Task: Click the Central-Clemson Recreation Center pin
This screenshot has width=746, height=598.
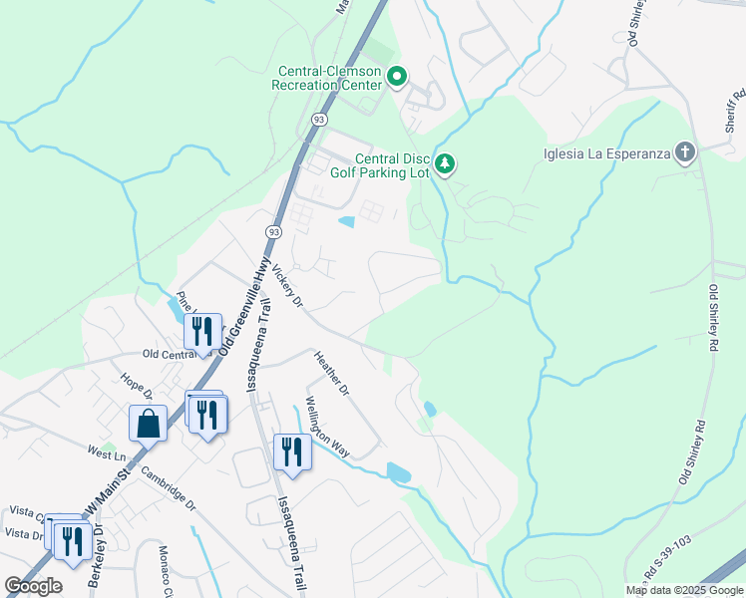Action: coord(397,77)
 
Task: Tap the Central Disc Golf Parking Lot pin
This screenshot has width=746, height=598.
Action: coord(446,163)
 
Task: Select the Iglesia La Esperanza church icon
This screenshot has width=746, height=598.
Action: coord(684,152)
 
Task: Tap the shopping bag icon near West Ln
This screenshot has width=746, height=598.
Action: coord(148,423)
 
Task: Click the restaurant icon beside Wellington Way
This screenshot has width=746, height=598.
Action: coord(292,450)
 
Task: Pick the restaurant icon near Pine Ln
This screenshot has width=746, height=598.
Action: coord(203,331)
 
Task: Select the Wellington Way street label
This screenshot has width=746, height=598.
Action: coord(327,428)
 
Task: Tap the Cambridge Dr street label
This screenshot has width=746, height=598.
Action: coord(168,488)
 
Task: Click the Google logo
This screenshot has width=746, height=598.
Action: coord(33,586)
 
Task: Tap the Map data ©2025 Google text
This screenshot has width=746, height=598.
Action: coord(683,590)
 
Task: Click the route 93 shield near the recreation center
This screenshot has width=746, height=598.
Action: coord(317,119)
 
